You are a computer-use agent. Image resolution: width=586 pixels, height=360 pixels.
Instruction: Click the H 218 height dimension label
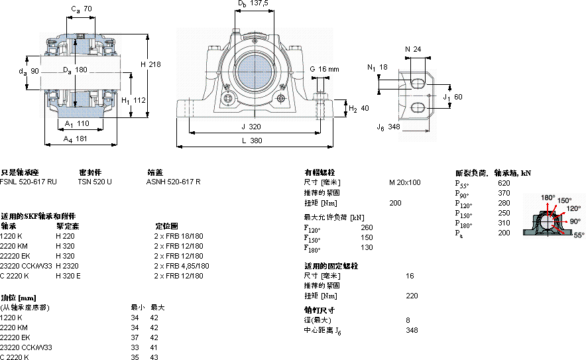(x=151, y=64)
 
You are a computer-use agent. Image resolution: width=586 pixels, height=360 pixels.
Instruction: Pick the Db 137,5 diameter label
(x=253, y=4)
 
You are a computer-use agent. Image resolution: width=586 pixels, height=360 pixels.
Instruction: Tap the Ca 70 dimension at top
(x=81, y=9)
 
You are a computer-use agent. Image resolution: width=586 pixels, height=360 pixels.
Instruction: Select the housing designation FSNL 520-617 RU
(x=29, y=182)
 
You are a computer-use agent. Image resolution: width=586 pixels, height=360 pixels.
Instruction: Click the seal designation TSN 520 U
(x=95, y=182)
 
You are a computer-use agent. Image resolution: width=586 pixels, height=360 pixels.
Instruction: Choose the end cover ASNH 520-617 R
(x=173, y=182)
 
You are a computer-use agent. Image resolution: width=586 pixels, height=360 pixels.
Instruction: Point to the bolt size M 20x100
(x=404, y=182)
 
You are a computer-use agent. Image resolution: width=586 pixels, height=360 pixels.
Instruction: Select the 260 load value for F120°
(x=366, y=227)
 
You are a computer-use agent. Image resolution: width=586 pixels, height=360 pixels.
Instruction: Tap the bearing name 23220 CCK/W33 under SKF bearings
(x=26, y=265)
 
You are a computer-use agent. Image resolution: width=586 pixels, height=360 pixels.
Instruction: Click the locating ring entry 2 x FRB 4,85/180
(x=182, y=265)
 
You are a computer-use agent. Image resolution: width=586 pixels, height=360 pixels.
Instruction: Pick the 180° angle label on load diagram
(x=548, y=198)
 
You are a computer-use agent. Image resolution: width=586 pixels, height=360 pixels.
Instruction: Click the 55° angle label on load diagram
(x=579, y=235)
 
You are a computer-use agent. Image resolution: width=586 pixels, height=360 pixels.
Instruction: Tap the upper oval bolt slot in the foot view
(x=418, y=82)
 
